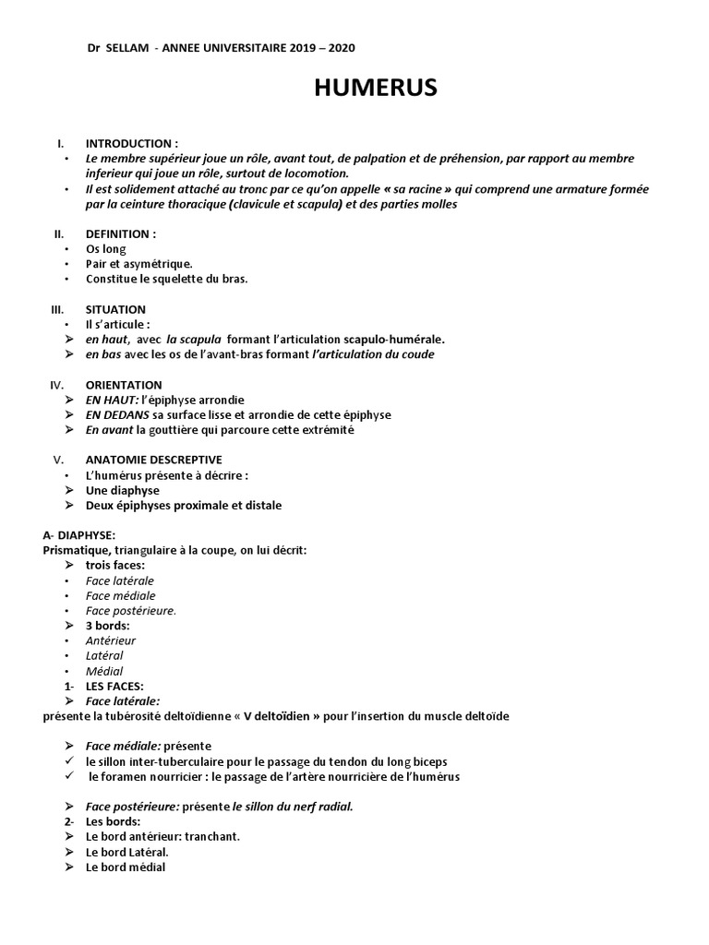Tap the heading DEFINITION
pos(121,233)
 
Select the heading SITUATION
pos(115,310)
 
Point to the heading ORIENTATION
pos(124,385)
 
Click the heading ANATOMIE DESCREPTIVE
pos(153,460)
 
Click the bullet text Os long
pos(105,249)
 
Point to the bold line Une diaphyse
pos(123,490)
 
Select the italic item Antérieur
pos(111,640)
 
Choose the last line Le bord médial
pos(126,867)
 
